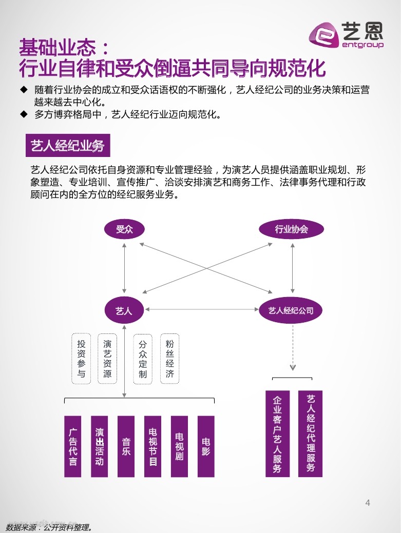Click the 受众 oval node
124,229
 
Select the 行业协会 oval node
292,229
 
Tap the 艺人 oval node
124,310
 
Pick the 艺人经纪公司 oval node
292,310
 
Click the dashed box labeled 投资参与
81,359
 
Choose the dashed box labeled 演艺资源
107,359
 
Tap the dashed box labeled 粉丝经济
170,359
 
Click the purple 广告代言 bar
73,446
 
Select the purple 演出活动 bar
100,446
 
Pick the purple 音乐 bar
126,446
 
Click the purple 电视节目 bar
152,446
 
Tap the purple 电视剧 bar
179,446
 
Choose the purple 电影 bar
206,446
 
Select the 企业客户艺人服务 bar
277,434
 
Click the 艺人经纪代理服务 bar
311,434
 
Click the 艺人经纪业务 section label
68,146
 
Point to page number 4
368,503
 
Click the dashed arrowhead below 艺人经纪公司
293,367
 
